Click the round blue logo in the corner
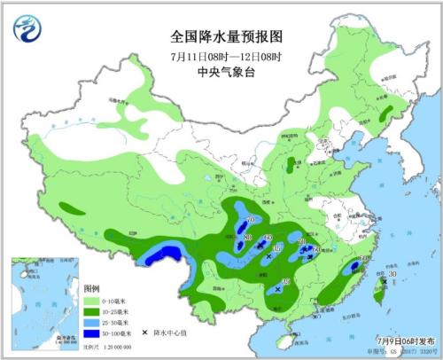(27, 30)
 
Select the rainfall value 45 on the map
(284, 281)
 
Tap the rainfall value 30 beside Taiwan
(392, 277)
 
